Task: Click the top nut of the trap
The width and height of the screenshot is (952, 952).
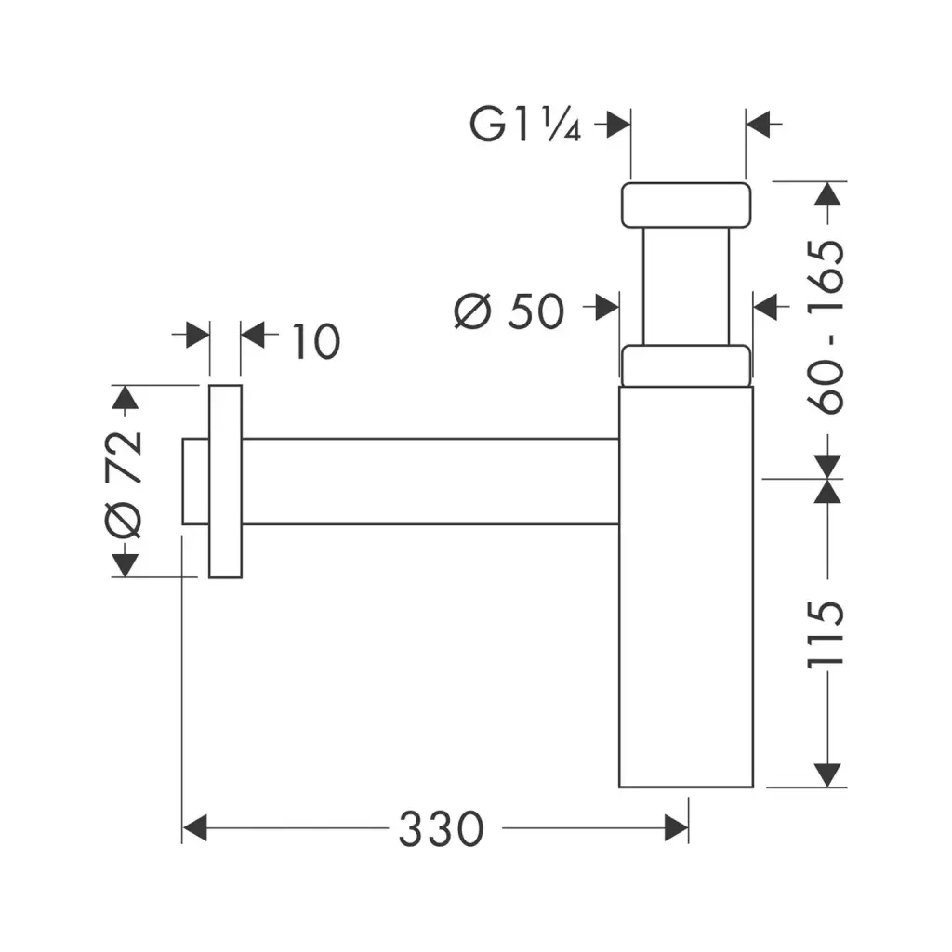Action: point(685,205)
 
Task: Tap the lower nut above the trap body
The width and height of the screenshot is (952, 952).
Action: point(685,364)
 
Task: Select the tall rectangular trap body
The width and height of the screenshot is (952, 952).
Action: point(685,586)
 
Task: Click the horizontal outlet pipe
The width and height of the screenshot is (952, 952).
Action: point(428,481)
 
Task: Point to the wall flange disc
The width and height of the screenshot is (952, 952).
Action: point(225,482)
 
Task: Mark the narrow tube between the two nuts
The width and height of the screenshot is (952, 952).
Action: point(685,285)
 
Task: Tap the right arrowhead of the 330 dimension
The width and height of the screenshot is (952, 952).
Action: point(677,827)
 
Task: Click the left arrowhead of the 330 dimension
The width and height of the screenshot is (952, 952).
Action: point(193,827)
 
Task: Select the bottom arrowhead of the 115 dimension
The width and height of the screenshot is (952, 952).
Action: point(826,774)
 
